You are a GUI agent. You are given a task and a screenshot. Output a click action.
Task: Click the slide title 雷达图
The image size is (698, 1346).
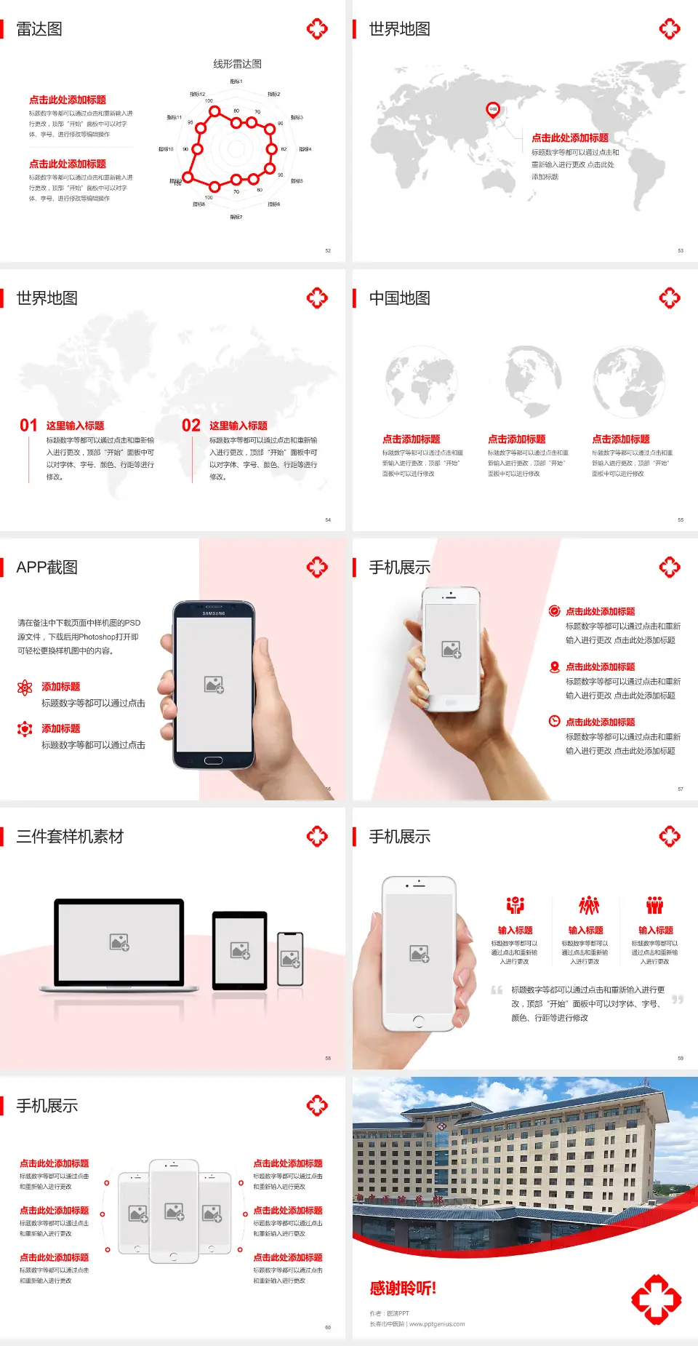(x=39, y=29)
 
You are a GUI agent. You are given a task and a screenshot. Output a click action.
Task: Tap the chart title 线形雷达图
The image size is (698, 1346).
(x=237, y=64)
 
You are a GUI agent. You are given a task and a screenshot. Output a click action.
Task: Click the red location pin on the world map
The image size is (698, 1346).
(x=493, y=110)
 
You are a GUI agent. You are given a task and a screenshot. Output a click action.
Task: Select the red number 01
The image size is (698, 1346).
(x=28, y=426)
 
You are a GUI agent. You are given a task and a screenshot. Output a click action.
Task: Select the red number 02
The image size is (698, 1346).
(x=191, y=426)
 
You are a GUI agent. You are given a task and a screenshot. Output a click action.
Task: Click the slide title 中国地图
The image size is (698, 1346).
(x=399, y=298)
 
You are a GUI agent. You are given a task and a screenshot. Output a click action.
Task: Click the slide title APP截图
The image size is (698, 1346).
(x=47, y=568)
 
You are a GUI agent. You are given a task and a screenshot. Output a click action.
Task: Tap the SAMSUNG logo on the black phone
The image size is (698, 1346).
(x=214, y=613)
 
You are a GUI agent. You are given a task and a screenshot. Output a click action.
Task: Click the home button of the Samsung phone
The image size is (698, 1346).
(x=213, y=760)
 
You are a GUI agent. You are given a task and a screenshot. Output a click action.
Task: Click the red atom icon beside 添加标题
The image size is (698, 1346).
(x=25, y=688)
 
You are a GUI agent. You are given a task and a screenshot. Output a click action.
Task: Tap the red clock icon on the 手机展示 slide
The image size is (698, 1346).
(x=554, y=721)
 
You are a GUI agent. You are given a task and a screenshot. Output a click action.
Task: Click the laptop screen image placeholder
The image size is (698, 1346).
(x=119, y=942)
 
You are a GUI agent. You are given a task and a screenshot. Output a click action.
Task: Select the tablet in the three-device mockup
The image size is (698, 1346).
(x=240, y=949)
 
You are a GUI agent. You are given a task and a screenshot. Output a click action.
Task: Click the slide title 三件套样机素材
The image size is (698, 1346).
(x=70, y=837)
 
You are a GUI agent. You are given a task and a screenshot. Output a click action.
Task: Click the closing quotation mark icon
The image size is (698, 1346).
(x=678, y=1000)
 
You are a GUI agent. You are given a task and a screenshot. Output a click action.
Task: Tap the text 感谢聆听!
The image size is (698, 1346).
(x=403, y=1289)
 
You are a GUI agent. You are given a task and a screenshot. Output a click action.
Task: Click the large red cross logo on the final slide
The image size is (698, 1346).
(x=656, y=1299)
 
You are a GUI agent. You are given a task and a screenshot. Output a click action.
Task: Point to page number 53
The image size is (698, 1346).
(x=681, y=251)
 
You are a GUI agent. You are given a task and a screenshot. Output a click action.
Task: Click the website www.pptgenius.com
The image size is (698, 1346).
(x=437, y=1324)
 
